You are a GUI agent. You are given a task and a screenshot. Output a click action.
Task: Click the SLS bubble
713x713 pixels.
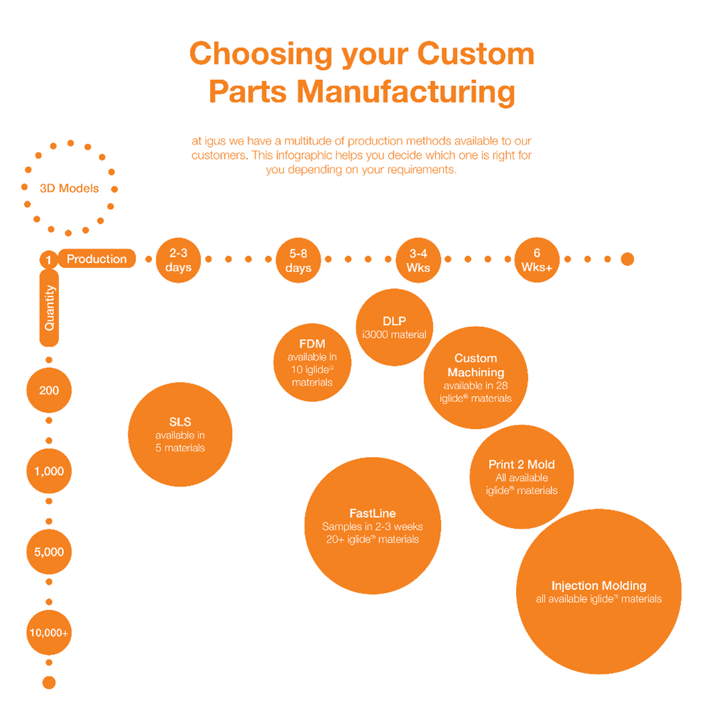pos(180,434)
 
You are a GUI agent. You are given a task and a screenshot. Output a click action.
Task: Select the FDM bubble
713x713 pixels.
pos(312,363)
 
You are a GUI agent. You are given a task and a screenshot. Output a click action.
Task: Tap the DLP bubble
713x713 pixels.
pos(394,327)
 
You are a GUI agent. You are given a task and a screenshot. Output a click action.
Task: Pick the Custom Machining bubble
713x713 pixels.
pos(476,378)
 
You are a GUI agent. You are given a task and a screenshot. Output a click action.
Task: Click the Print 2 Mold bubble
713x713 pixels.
pos(521,476)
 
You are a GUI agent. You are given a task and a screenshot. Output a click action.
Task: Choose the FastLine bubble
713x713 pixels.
pos(373,526)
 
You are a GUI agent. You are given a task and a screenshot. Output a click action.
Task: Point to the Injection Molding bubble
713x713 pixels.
pos(598,592)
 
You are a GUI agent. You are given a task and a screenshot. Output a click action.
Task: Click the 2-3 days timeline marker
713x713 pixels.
pos(178,260)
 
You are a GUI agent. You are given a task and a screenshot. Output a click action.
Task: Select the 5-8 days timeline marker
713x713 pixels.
pos(298,260)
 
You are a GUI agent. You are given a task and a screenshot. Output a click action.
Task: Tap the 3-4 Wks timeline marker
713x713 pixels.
pos(418,260)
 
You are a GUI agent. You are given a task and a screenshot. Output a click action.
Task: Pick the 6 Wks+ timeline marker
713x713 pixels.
pos(537,260)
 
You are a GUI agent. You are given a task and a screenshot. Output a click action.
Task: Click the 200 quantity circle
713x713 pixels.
pos(49,390)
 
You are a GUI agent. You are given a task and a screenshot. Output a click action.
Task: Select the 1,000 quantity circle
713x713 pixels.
pos(49,471)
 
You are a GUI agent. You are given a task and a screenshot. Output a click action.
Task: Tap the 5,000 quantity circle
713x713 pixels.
pos(49,552)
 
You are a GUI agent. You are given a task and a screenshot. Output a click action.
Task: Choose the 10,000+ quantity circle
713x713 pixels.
pos(49,633)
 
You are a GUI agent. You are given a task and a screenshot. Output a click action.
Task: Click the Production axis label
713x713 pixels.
pos(96,259)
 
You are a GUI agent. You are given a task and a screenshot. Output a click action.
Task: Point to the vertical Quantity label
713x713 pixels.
pos(50,308)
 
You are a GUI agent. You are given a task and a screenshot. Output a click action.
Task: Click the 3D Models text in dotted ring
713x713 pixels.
pos(69,188)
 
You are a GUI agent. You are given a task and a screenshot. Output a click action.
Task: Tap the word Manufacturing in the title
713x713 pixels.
pos(406,91)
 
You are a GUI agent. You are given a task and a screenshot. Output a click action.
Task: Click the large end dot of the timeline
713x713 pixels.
pos(627,259)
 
